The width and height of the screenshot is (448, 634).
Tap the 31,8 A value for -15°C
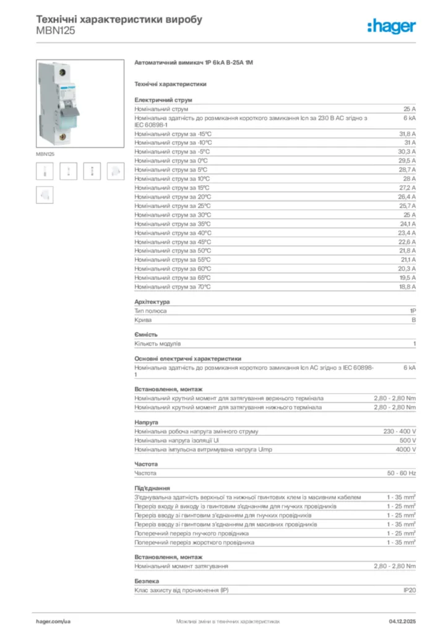pyautogui.click(x=407, y=134)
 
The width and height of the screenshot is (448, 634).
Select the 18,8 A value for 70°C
pyautogui.click(x=407, y=287)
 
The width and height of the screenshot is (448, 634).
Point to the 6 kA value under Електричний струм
pyautogui.click(x=410, y=118)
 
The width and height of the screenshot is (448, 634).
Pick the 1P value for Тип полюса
pyautogui.click(x=412, y=311)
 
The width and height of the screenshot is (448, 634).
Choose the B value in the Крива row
pyautogui.click(x=413, y=320)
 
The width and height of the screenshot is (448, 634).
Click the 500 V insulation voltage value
pyautogui.click(x=407, y=440)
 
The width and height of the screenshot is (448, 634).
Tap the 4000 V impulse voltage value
pyautogui.click(x=405, y=449)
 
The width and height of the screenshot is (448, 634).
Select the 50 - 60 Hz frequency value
pyautogui.click(x=402, y=473)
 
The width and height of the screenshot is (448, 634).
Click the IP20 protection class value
pyautogui.click(x=409, y=591)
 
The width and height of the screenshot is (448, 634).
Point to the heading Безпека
pyautogui.click(x=147, y=581)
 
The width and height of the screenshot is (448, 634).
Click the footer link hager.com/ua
pyautogui.click(x=54, y=620)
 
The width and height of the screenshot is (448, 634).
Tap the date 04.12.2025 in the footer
pyautogui.click(x=402, y=620)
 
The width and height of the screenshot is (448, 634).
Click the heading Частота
pyautogui.click(x=146, y=464)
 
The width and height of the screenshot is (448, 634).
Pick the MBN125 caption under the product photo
pyautogui.click(x=45, y=154)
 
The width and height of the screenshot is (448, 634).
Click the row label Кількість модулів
pyautogui.click(x=158, y=343)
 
